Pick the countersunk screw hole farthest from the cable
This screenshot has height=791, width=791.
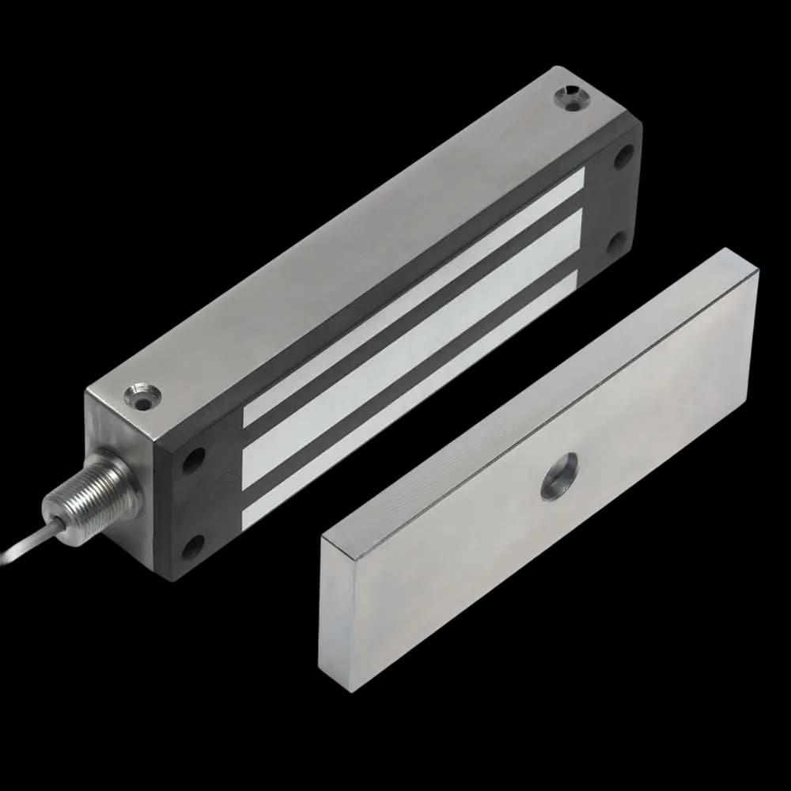point(570,98)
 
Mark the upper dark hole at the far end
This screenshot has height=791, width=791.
point(625,154)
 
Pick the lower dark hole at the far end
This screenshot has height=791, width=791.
point(617,241)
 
